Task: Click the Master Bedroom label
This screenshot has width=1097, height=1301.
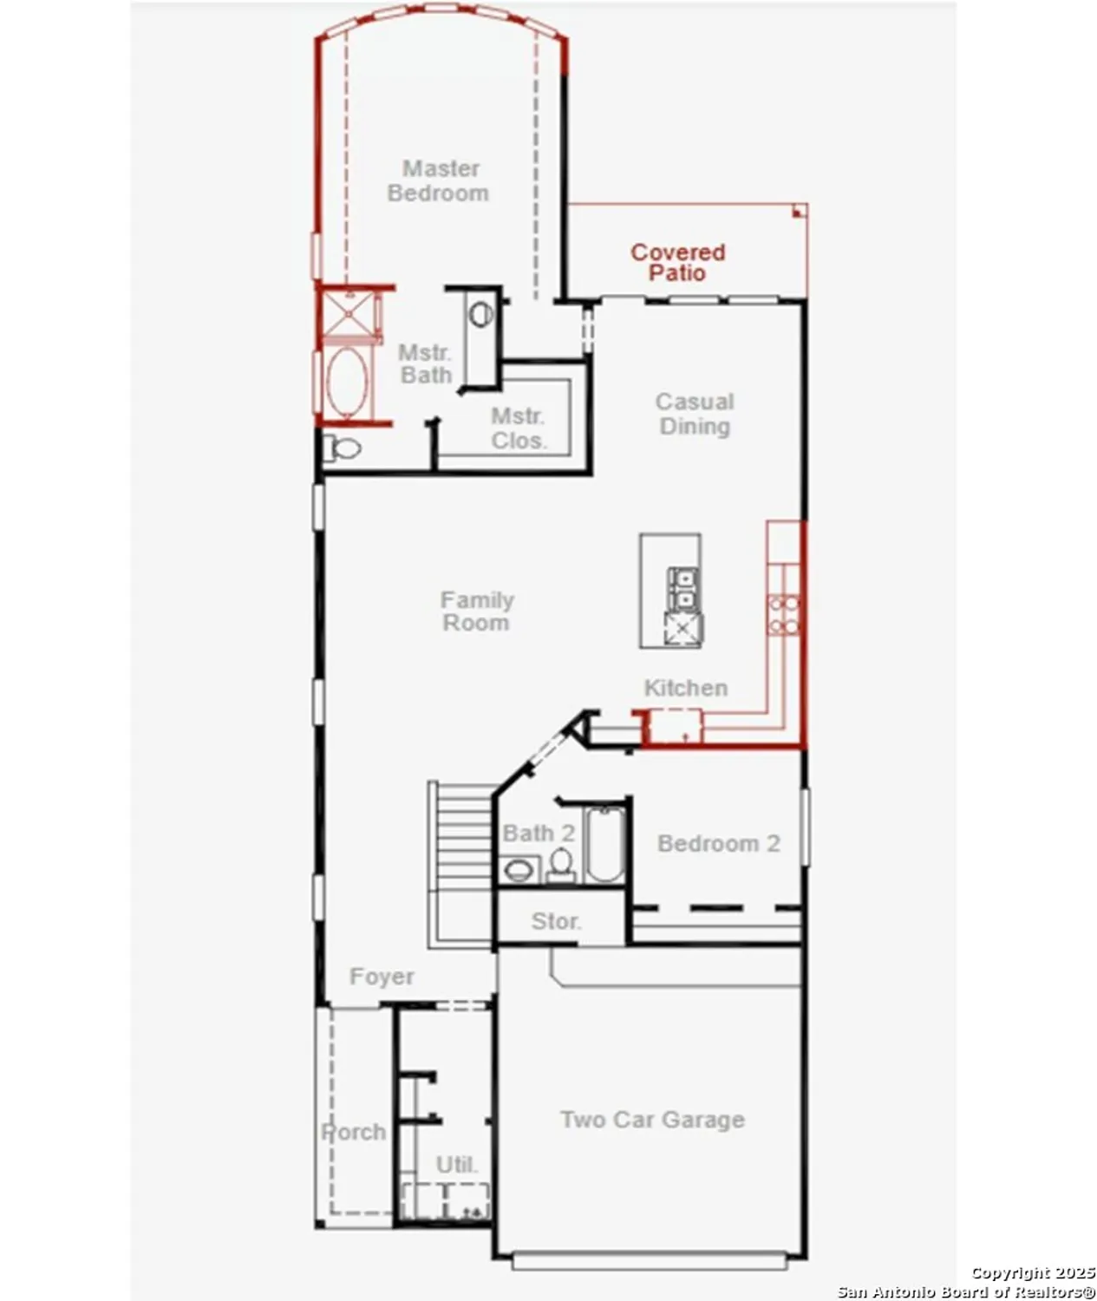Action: point(439,180)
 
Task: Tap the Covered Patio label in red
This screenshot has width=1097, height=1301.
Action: point(677,262)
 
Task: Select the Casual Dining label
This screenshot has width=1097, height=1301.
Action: point(695,414)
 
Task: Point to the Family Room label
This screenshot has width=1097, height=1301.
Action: point(476,611)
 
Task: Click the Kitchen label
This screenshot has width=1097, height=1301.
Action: point(685,688)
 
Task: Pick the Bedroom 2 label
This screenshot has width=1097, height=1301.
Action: point(718,843)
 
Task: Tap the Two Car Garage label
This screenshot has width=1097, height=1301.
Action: point(652,1120)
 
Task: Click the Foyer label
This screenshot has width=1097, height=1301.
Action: point(382,977)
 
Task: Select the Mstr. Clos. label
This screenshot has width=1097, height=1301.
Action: point(519,428)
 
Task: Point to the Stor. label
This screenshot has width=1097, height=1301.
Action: point(556,921)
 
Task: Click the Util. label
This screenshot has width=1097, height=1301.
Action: point(456,1165)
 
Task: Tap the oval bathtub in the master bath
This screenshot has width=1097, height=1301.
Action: point(347,382)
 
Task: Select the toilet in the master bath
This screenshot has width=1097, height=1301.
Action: point(343,448)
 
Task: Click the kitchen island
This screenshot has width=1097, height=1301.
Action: point(669,591)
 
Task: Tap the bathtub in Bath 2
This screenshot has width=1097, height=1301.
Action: point(604,845)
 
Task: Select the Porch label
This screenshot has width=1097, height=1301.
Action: point(354,1132)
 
